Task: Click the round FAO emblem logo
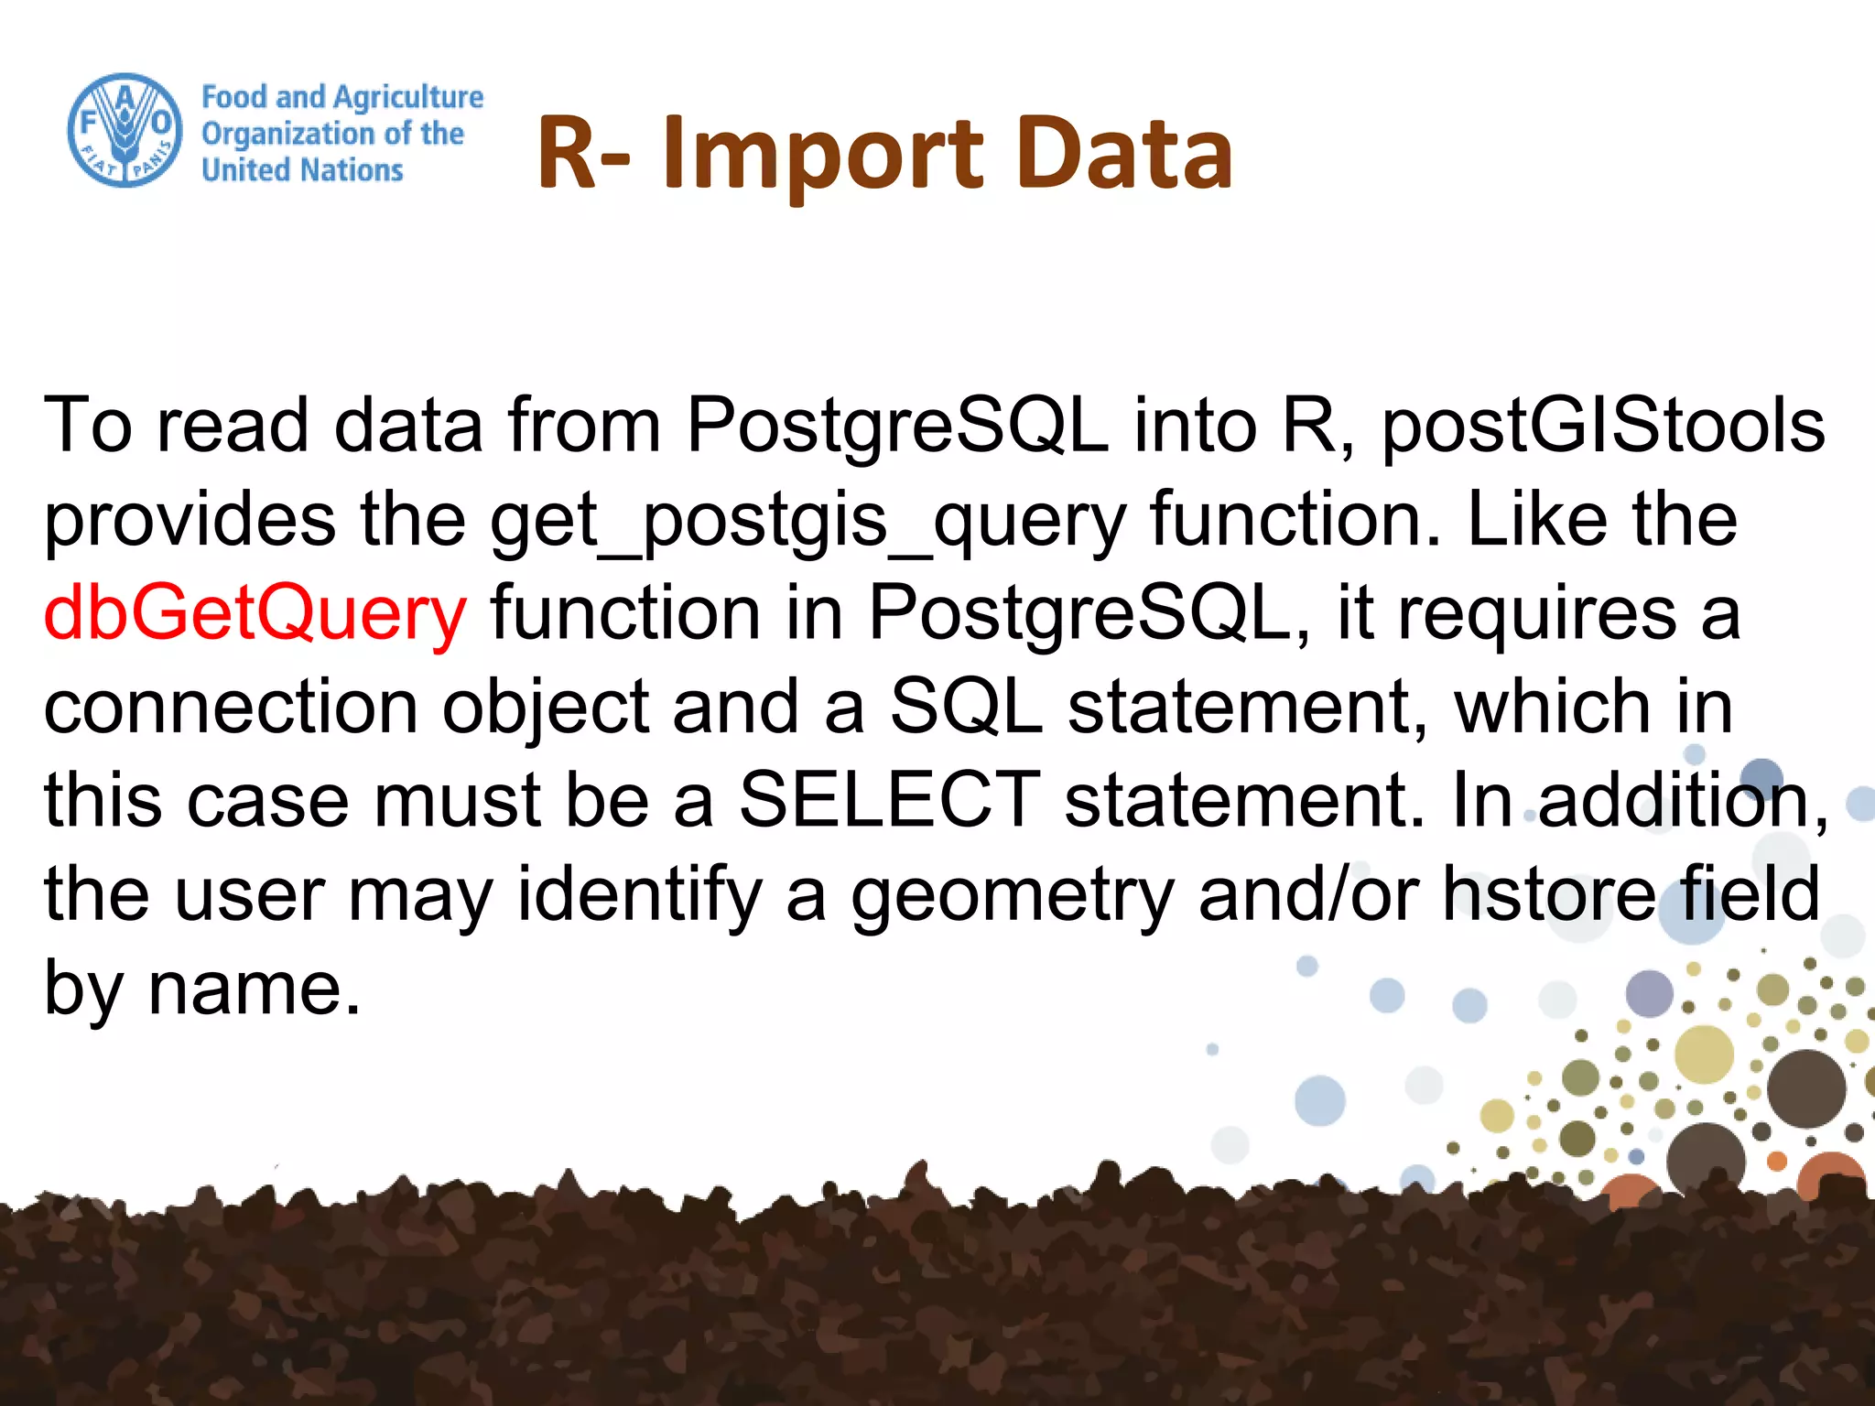[x=125, y=131]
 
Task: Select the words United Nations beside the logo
[x=302, y=170]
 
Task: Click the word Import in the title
[x=821, y=156]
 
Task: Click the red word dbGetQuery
[x=255, y=612]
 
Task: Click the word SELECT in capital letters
[x=889, y=799]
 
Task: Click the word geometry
[x=1013, y=895]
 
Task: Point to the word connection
[x=231, y=706]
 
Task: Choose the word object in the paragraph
[x=546, y=708]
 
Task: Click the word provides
[x=190, y=520]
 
